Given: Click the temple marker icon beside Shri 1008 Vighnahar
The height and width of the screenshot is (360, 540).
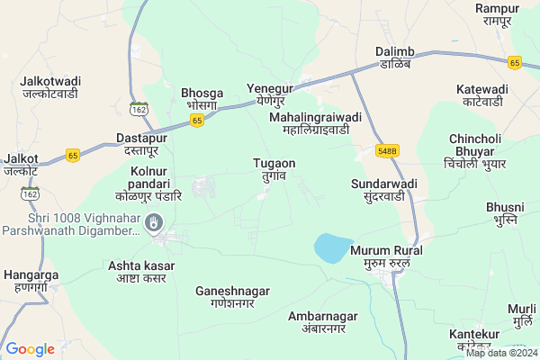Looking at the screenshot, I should (x=155, y=221).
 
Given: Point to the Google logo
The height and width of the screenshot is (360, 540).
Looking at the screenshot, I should (x=30, y=349).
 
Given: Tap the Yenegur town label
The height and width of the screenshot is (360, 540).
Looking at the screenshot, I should (x=270, y=95).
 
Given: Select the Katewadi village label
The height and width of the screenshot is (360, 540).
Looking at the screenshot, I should (x=481, y=96).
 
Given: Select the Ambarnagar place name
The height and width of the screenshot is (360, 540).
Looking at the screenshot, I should (x=323, y=323).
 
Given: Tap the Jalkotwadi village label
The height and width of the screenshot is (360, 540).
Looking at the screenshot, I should (x=49, y=87).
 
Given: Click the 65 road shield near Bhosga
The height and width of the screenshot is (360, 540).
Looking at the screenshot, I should (x=197, y=118).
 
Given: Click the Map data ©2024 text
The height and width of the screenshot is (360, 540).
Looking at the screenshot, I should (x=500, y=353).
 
